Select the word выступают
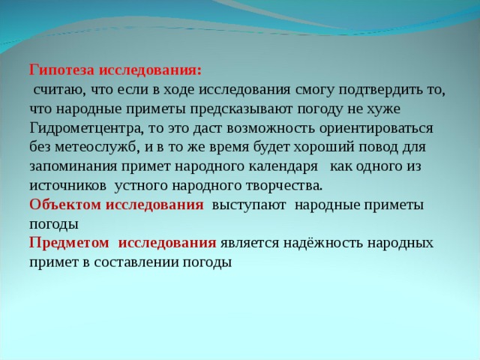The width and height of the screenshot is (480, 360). point(248,204)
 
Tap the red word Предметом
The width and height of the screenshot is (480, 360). point(69,242)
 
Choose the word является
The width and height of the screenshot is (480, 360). point(253,242)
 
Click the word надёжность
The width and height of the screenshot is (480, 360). point(329,242)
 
